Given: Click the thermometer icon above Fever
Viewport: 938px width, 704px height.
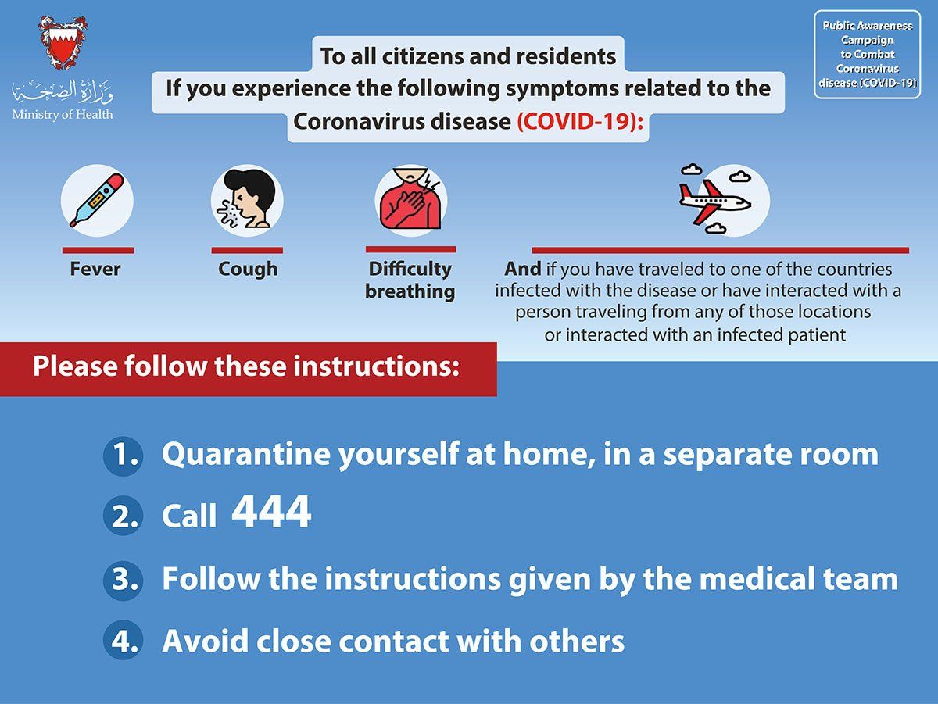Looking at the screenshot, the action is coord(97,200).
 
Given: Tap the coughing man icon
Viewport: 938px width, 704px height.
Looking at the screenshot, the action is coord(247,200).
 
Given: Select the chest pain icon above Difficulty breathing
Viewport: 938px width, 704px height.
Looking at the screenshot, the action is coord(410,199).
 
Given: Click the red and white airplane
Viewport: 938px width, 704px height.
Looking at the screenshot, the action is coord(715,199).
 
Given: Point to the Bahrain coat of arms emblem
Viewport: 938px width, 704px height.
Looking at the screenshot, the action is coord(63,42).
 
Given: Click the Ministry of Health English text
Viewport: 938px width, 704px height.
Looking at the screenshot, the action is coord(63,115).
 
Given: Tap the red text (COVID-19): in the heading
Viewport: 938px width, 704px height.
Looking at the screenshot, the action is coord(580,121).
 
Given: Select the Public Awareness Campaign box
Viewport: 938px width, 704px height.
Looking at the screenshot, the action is coord(868,54).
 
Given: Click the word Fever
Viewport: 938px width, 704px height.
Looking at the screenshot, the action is coord(95,269).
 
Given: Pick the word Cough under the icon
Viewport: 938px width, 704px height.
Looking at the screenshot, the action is coord(248,270).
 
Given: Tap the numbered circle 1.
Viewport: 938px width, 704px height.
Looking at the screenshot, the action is coord(123,456).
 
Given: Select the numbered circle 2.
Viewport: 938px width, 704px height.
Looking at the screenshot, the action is coord(123,515).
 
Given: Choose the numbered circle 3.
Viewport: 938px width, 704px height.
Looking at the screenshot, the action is coord(123,581).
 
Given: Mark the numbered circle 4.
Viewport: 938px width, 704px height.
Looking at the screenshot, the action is coord(123,640).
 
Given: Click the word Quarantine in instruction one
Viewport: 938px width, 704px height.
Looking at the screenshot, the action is coord(245,455).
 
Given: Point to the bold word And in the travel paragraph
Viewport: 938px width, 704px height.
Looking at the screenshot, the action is coord(523,269).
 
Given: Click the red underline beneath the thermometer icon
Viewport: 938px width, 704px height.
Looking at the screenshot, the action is coord(98,250).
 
